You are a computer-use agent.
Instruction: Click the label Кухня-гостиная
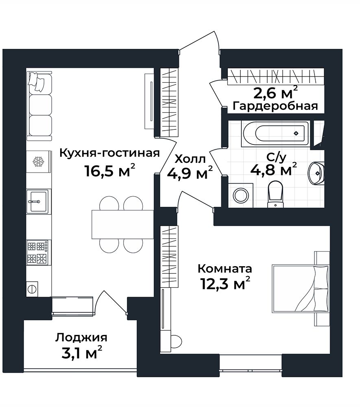(x=109, y=153)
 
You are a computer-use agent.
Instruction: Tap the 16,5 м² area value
(x=110, y=171)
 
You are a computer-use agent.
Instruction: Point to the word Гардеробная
(x=275, y=106)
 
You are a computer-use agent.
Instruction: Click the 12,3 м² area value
(x=225, y=283)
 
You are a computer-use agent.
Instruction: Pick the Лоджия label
(x=81, y=338)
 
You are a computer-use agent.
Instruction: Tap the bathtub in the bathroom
(x=275, y=133)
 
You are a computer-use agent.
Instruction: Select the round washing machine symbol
(x=241, y=195)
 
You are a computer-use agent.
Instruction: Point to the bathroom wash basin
(x=316, y=173)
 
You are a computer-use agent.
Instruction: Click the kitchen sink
(x=39, y=201)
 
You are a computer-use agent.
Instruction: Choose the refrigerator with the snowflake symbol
(x=39, y=161)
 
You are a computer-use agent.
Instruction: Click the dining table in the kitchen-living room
(x=123, y=224)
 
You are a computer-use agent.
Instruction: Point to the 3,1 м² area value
(x=82, y=352)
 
